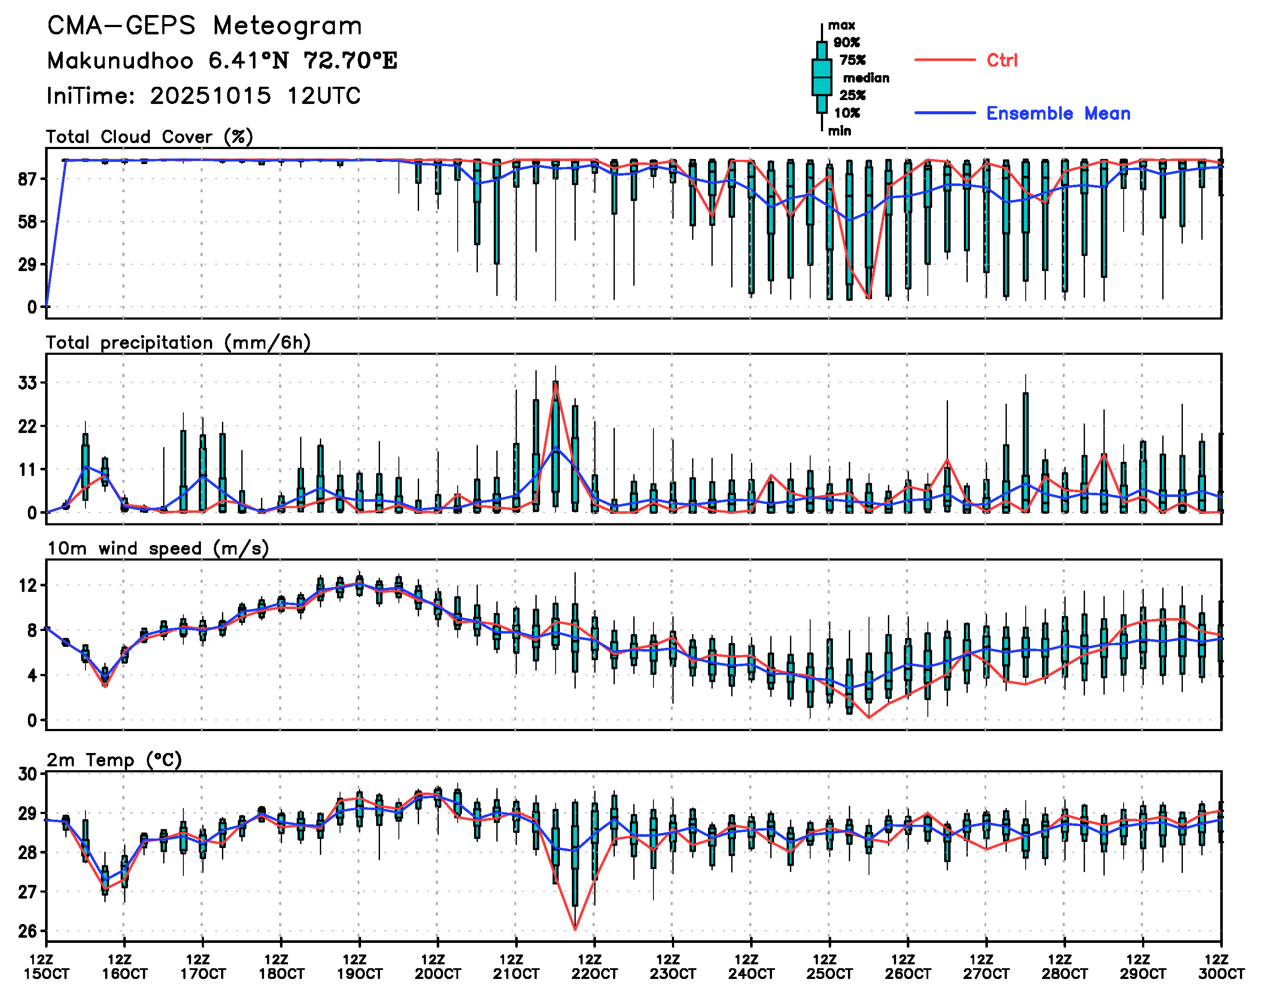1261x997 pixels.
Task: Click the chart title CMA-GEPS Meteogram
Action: (204, 26)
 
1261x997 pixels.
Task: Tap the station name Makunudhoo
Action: (120, 61)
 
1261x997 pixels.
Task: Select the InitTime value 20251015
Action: (210, 96)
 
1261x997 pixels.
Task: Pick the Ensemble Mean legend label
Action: (1057, 113)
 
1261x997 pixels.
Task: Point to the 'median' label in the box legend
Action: (866, 78)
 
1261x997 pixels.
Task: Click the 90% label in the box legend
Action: (846, 42)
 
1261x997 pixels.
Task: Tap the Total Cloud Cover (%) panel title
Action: (149, 137)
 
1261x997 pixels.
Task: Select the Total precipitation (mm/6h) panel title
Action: (178, 343)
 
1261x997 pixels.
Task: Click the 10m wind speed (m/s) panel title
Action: (158, 548)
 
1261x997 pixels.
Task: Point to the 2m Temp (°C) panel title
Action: (114, 759)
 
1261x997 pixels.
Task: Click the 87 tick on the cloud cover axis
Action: (27, 179)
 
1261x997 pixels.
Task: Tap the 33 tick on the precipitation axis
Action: (27, 383)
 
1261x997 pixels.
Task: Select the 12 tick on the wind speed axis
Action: (27, 585)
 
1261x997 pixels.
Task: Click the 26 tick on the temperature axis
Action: (27, 930)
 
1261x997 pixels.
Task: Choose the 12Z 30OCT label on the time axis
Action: (1221, 967)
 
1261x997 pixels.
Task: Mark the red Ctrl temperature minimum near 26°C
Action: (575, 929)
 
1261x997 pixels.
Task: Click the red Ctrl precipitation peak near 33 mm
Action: (556, 382)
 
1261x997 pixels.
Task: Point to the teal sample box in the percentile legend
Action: (822, 77)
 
